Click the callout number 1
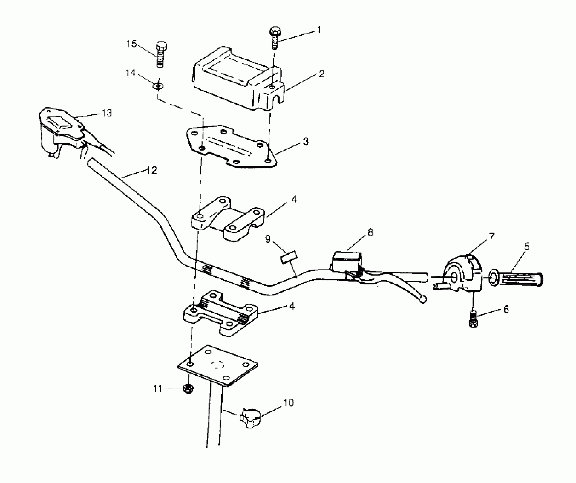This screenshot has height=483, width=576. [x=319, y=30]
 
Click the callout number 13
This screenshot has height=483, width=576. [x=107, y=113]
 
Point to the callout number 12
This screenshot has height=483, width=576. [x=152, y=170]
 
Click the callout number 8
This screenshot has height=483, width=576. [x=370, y=232]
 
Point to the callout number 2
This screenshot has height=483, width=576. [x=321, y=74]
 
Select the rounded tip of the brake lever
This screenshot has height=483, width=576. [x=423, y=299]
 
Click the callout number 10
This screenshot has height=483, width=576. [x=289, y=403]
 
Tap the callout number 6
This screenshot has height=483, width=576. [x=506, y=309]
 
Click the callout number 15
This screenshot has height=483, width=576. [x=131, y=44]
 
